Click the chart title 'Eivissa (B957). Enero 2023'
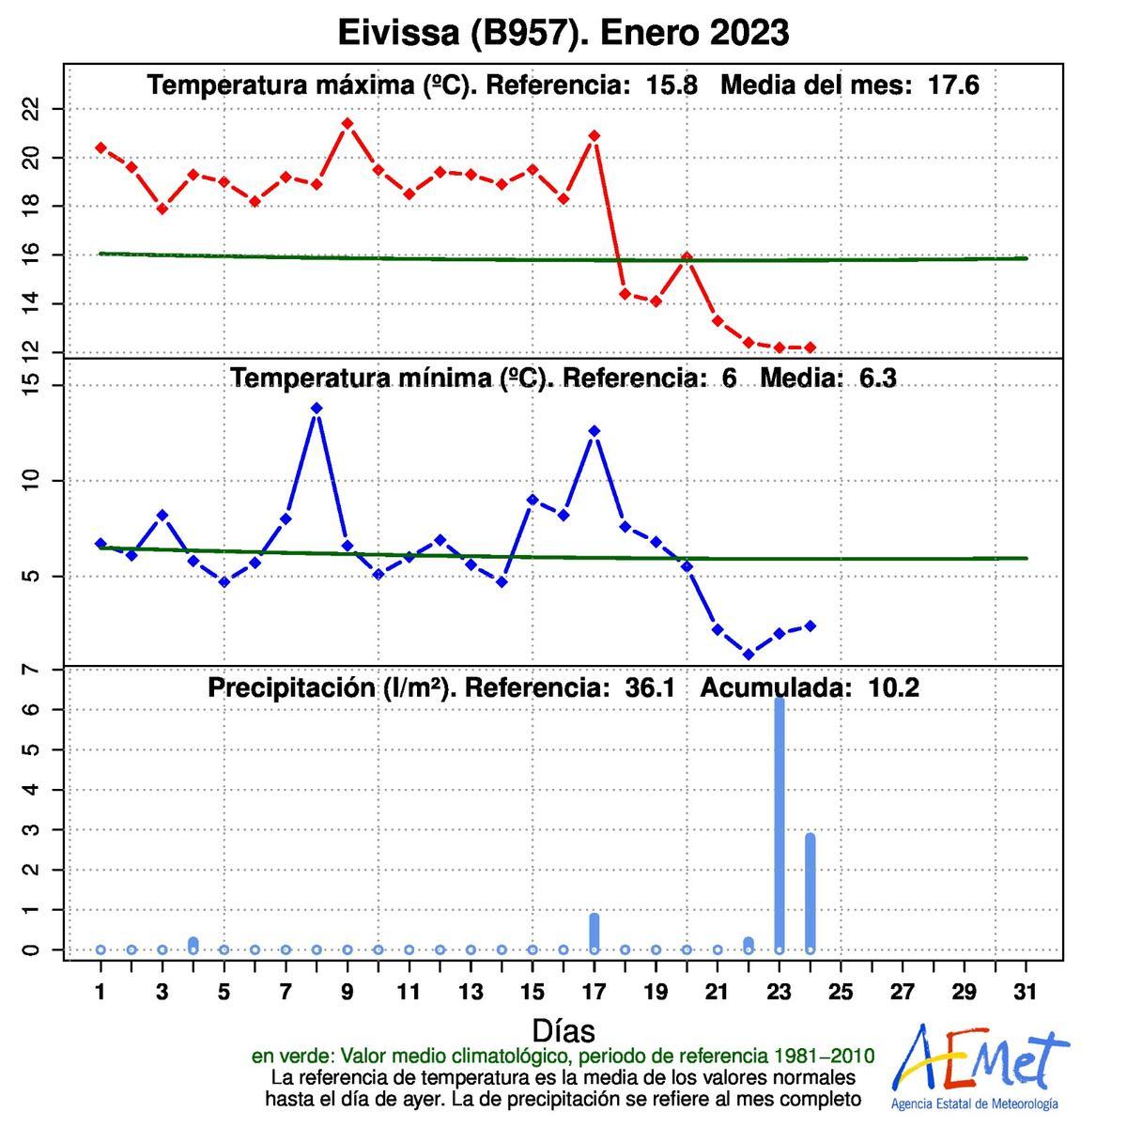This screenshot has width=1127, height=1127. point(563,33)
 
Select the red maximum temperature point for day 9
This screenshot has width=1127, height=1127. point(347,123)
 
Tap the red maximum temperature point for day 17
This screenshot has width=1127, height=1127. point(594,135)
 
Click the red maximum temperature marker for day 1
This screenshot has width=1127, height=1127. point(100,147)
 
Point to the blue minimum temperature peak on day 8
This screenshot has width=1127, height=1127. point(316,409)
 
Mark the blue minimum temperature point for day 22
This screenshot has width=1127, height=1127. point(749,654)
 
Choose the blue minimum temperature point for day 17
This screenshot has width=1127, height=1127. point(594,431)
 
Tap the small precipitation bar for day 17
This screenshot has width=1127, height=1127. point(594,931)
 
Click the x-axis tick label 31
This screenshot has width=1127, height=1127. point(1026,991)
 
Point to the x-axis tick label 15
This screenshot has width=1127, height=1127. point(533,991)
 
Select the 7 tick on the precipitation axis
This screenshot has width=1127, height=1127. point(33,669)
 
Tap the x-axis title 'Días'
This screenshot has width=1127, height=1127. point(563,1030)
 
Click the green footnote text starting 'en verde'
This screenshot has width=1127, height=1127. point(563,1056)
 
